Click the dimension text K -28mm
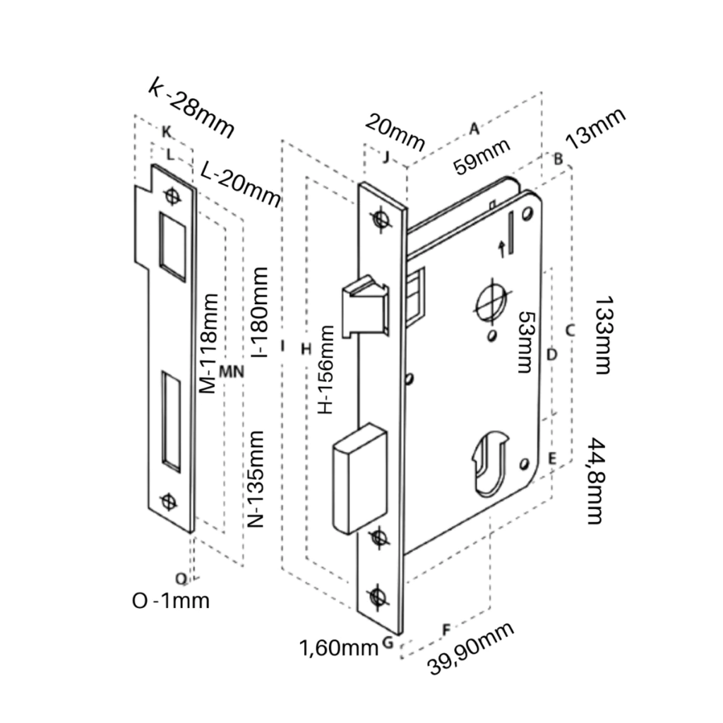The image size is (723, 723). coord(191,109)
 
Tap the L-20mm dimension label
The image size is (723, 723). coord(240,182)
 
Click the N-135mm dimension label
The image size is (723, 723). coord(257,479)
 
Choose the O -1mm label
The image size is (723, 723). coord(171,601)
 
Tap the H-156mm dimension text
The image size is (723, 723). coord(325,369)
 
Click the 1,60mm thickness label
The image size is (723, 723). coord(339,647)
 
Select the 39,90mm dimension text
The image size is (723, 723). coord(471,650)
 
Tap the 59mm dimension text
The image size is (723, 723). coord(482,156)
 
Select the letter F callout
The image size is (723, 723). coord(445,628)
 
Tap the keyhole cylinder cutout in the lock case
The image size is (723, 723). coord(490,462)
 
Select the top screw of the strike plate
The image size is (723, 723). coord(172,195)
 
